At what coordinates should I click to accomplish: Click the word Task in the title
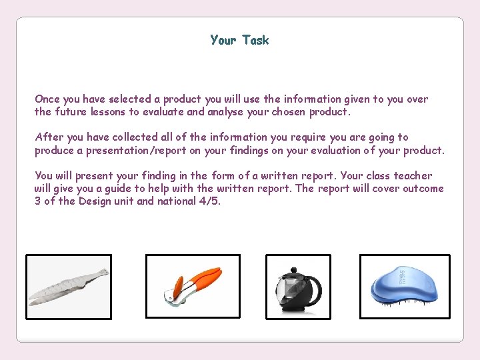click(x=255, y=40)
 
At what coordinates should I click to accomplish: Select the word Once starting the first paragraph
click(x=47, y=99)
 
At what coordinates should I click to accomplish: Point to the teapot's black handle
click(x=315, y=288)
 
